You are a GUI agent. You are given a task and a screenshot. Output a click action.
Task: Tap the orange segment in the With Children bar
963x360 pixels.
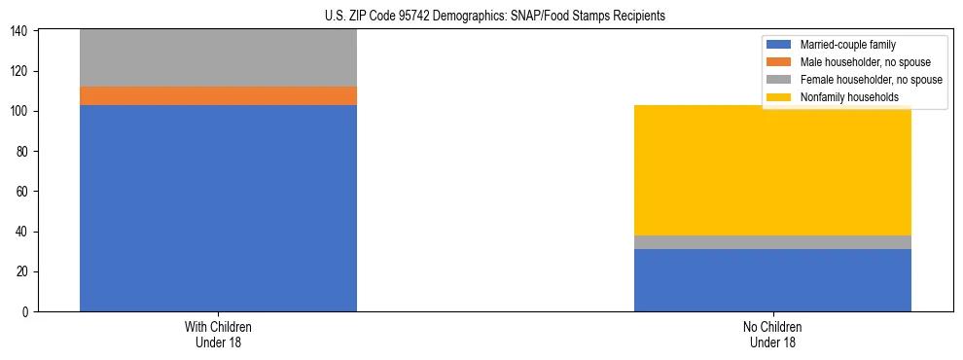click(218, 95)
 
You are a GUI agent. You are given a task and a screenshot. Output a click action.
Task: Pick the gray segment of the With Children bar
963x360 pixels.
click(218, 58)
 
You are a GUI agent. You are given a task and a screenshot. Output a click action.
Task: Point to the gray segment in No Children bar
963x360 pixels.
click(772, 242)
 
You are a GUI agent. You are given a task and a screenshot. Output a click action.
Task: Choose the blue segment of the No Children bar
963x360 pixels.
click(772, 280)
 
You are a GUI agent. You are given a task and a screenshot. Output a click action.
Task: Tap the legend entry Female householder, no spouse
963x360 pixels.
click(870, 80)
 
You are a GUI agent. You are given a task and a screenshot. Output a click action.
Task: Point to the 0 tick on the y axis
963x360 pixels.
click(28, 311)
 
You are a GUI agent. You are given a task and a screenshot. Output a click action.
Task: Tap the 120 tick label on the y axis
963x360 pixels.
click(22, 72)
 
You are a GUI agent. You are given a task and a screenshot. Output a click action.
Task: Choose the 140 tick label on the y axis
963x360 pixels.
click(22, 32)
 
